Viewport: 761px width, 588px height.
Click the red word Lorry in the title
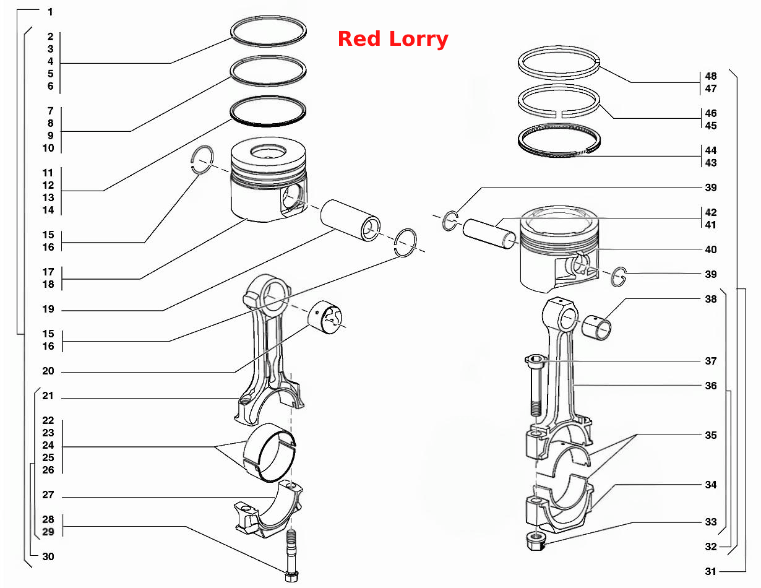tap(418, 39)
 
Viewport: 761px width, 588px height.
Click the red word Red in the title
tap(359, 38)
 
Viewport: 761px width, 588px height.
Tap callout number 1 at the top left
tap(51, 12)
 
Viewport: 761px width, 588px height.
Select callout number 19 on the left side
tap(48, 309)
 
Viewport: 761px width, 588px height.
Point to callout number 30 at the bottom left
tap(48, 556)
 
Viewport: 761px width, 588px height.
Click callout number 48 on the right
tap(710, 76)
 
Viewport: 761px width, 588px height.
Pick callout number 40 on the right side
tap(710, 249)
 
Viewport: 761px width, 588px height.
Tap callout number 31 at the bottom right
tap(710, 571)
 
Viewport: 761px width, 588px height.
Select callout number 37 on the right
tap(710, 361)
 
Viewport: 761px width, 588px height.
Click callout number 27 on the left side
tap(48, 495)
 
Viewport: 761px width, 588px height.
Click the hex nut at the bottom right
tap(535, 542)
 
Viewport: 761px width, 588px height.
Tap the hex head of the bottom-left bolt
tap(291, 576)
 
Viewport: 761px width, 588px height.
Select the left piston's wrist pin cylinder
tap(350, 220)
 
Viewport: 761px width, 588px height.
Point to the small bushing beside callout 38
tap(596, 327)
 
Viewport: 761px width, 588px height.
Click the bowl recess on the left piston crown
tap(268, 152)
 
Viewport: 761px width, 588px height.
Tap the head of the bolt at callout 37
tap(535, 360)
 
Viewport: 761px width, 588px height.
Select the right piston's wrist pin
tap(489, 234)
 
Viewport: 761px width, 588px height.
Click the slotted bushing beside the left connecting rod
tap(325, 318)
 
